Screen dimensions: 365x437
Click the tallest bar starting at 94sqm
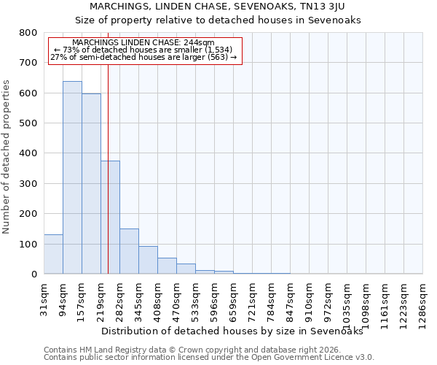pos(72,177)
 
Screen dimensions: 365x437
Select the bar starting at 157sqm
pos(91,184)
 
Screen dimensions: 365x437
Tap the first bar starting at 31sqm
pos(53,254)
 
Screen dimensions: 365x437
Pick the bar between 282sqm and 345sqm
pos(129,251)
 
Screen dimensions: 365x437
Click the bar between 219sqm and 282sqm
pos(111,218)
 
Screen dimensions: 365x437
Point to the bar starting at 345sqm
pos(148,260)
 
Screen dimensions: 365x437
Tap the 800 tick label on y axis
pos(28,33)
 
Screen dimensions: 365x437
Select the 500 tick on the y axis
pos(28,123)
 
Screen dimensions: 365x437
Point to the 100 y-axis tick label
pos(28,244)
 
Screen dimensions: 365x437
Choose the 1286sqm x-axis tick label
pos(422,303)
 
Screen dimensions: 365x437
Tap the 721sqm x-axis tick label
pos(252,300)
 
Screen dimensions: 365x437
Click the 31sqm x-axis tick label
pos(44,298)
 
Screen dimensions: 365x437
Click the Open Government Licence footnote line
pos(209,357)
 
